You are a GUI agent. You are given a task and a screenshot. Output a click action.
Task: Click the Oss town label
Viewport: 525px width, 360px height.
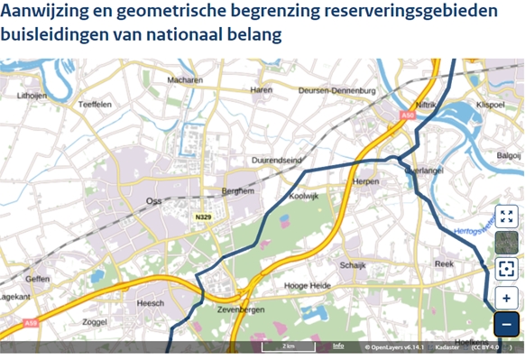(154, 200)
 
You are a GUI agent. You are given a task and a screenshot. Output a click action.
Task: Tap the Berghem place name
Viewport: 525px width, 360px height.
(238, 191)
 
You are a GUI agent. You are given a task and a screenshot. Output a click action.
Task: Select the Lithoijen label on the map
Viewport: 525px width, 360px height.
(32, 95)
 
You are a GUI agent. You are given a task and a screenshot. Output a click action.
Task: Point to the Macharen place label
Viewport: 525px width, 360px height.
(185, 79)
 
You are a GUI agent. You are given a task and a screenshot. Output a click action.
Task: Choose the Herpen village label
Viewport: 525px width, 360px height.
(365, 181)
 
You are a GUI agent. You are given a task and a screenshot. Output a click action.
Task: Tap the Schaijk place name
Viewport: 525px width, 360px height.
(352, 265)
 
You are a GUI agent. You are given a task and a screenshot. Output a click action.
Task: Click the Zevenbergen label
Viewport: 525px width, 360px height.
(242, 309)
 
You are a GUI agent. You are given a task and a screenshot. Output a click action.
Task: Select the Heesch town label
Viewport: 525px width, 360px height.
(150, 304)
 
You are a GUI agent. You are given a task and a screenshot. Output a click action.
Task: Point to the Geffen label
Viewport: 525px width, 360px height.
(38, 279)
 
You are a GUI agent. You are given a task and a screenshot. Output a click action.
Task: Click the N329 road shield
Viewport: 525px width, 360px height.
(203, 217)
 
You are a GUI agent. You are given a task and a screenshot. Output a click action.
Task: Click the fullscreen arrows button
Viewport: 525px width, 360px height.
(507, 217)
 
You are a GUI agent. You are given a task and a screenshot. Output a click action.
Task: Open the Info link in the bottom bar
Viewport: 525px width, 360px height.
(338, 346)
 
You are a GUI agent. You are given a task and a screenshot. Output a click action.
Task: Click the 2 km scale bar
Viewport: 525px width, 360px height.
(289, 346)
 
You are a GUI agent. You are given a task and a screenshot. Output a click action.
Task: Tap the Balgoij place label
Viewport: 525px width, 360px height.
(508, 155)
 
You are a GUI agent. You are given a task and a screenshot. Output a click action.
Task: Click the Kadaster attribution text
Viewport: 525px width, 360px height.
(447, 347)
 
